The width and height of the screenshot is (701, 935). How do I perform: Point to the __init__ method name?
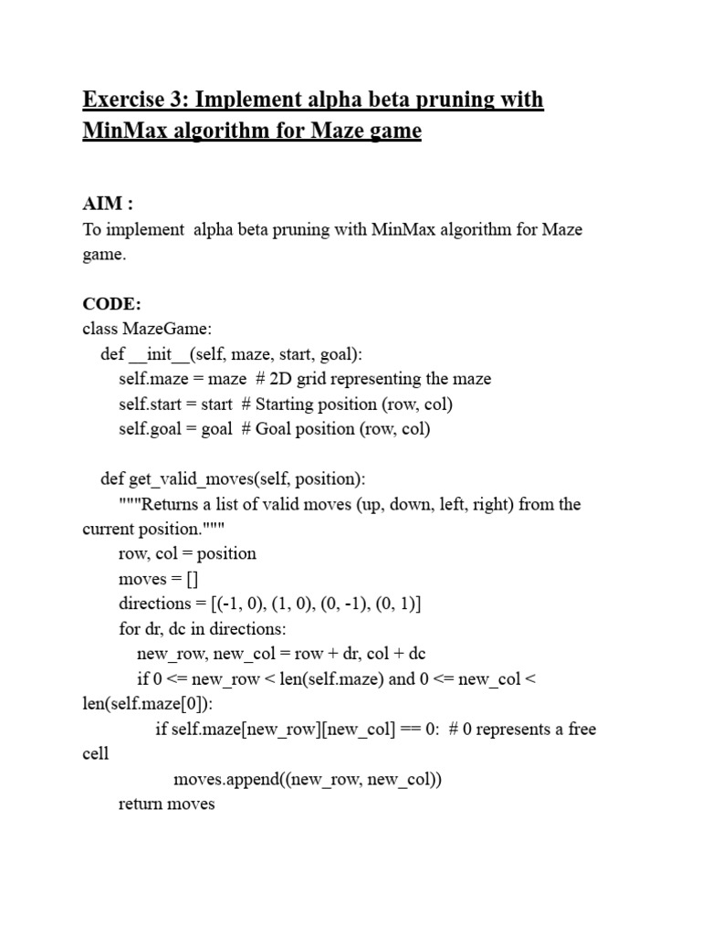pos(158,354)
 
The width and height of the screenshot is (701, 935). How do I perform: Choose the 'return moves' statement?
pos(166,804)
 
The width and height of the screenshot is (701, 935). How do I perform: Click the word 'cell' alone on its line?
pos(95,754)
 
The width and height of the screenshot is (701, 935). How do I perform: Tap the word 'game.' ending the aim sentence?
pos(104,255)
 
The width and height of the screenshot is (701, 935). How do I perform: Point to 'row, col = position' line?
pos(187,553)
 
